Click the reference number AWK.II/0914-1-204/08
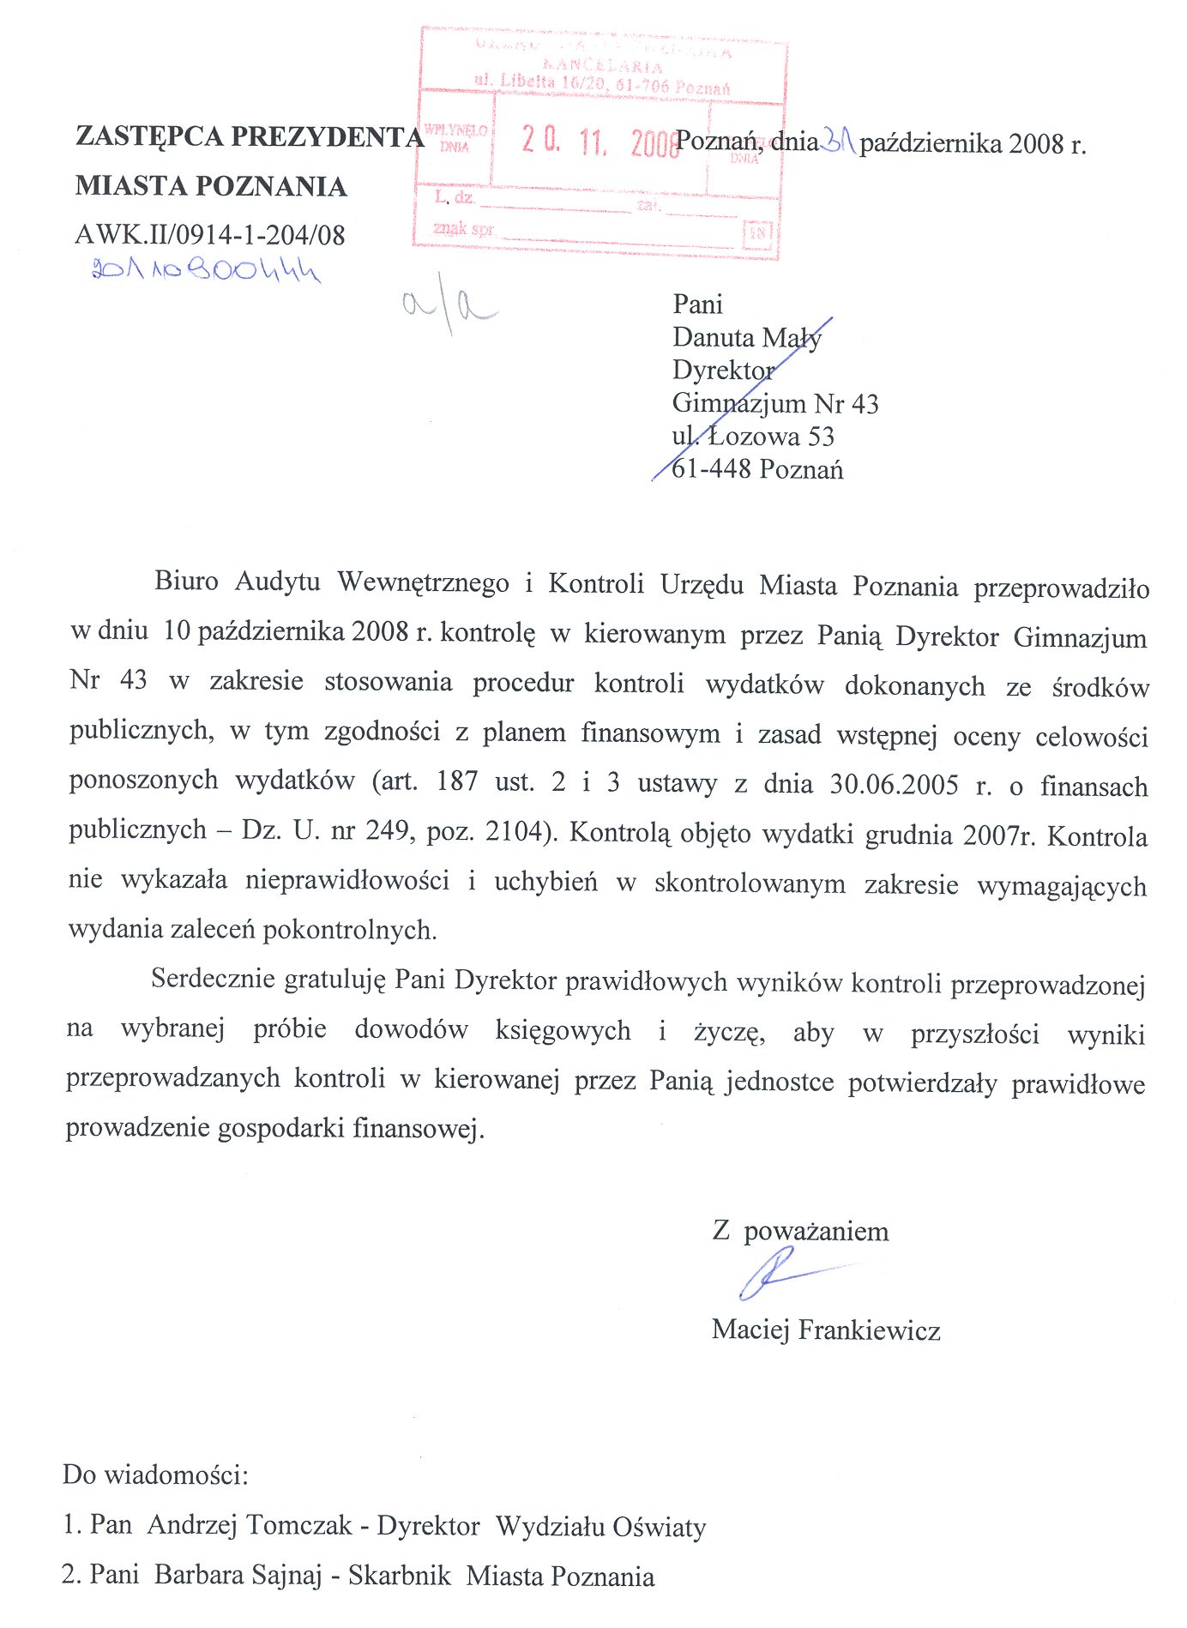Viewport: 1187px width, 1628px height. pos(210,235)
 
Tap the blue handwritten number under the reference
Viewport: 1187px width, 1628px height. pos(206,272)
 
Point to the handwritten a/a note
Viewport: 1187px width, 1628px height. pos(449,307)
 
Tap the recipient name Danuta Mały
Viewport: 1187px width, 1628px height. pos(747,338)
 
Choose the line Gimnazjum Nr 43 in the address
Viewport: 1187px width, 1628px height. pos(775,403)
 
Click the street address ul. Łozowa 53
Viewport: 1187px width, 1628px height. pos(753,437)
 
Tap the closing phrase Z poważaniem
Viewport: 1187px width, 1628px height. pos(800,1232)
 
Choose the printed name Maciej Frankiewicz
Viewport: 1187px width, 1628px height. pos(826,1330)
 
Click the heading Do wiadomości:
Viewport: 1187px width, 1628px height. pos(155,1475)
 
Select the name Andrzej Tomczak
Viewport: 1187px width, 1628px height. pos(250,1525)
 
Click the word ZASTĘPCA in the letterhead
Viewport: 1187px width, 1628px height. pos(149,136)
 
